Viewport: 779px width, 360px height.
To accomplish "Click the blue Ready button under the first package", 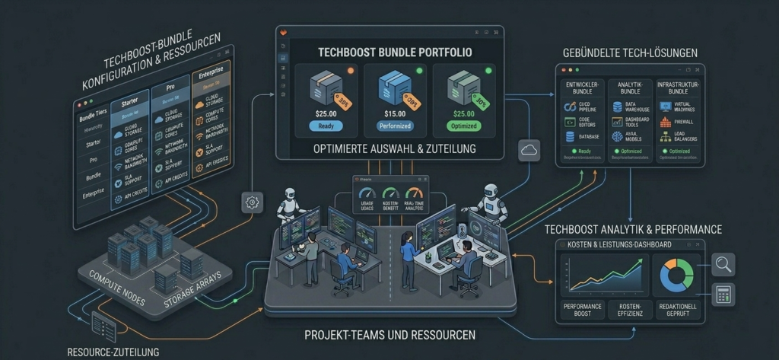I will (x=326, y=126).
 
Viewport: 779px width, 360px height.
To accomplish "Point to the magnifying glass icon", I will (x=722, y=265).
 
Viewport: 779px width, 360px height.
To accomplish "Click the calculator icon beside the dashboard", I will (x=722, y=293).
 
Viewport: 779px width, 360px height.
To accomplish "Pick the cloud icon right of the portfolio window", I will (x=529, y=151).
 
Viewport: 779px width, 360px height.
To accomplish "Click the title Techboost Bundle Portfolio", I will (x=389, y=53).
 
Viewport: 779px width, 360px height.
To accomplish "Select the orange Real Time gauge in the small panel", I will (x=414, y=194).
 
